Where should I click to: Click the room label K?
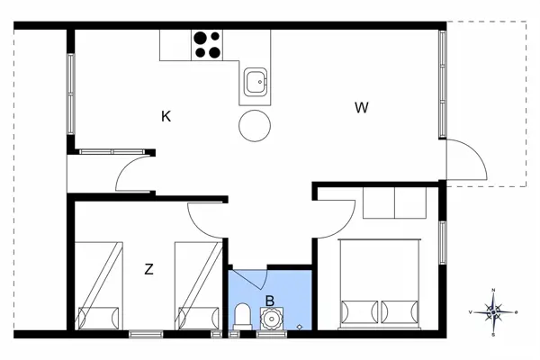(x=166, y=116)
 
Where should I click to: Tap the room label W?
(x=362, y=109)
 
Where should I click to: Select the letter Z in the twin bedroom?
(x=148, y=268)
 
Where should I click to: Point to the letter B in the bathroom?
(x=268, y=301)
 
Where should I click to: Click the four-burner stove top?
(x=207, y=44)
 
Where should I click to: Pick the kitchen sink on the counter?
(x=255, y=84)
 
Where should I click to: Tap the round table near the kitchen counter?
(x=255, y=125)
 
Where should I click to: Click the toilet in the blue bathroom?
(x=242, y=316)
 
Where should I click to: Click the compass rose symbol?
(x=493, y=311)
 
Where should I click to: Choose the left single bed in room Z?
(x=99, y=287)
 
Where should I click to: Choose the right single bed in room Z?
(x=199, y=287)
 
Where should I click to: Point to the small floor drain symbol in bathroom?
(x=300, y=326)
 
